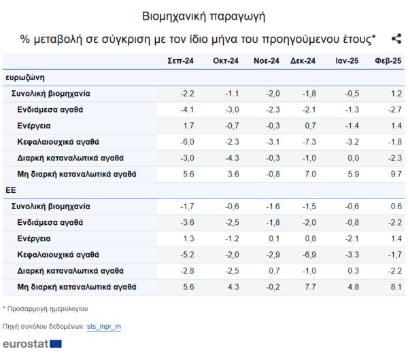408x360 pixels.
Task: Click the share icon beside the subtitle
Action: point(396,39)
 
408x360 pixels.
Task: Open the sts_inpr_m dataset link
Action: point(104,327)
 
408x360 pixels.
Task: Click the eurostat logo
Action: point(32,344)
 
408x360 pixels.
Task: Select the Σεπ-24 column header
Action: point(180,61)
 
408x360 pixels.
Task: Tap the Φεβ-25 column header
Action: point(388,61)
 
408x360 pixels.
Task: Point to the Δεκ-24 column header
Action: point(303,61)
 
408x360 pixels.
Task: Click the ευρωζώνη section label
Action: point(25,77)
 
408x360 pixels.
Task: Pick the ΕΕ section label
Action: point(11,190)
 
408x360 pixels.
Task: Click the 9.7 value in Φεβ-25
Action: point(396,174)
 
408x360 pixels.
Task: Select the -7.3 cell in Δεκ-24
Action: point(309,142)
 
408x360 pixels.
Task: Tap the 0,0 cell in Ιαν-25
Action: point(354,158)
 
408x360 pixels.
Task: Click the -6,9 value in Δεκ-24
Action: point(309,255)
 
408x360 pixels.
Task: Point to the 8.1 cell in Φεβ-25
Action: point(396,287)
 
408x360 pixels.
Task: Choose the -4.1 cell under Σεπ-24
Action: point(187,109)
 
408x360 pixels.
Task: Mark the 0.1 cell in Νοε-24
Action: point(274,238)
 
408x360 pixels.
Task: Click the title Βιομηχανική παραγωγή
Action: point(204,16)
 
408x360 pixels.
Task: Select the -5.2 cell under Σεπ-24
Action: point(187,255)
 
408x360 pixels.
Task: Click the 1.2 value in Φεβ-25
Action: point(396,94)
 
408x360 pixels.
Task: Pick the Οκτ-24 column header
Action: point(226,61)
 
